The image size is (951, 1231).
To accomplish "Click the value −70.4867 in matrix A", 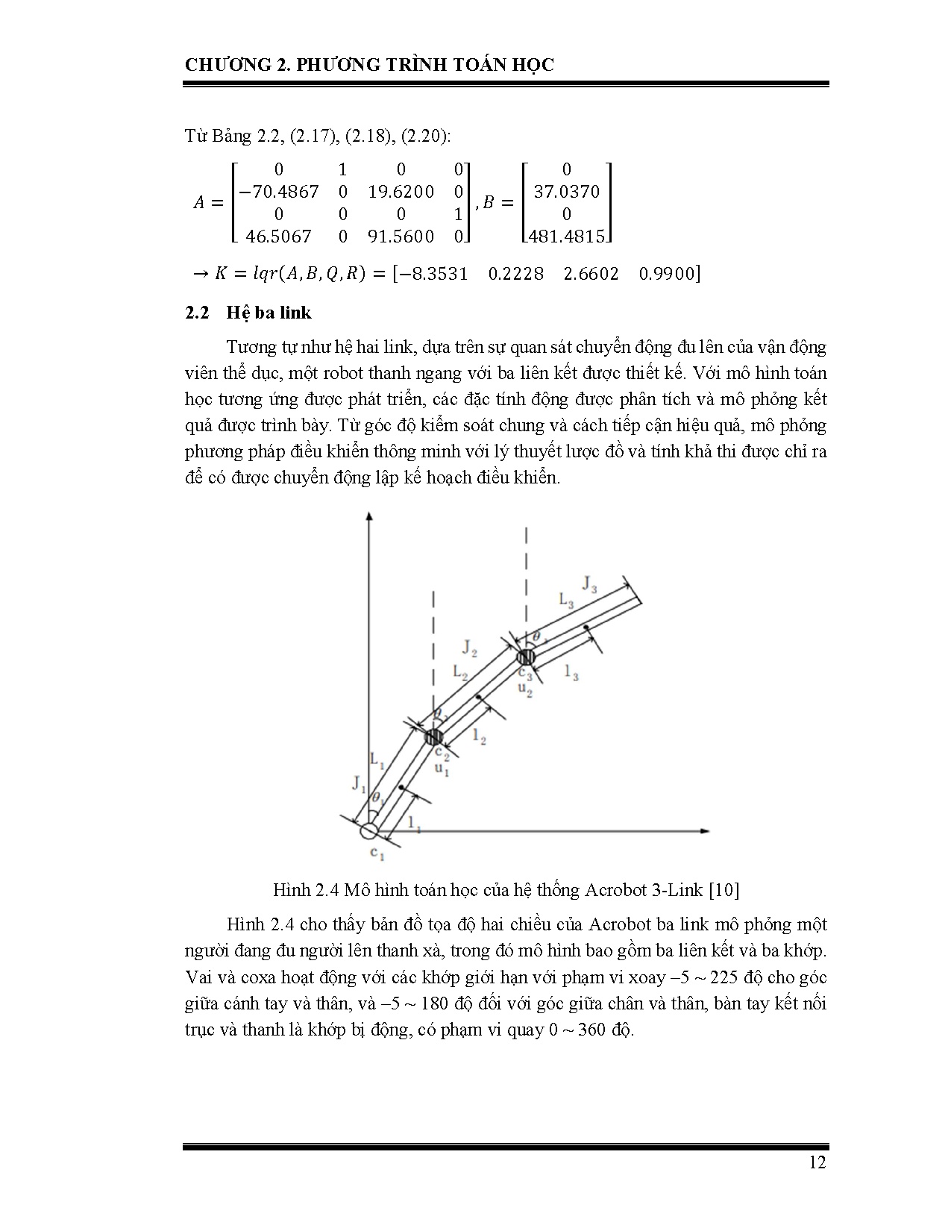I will pos(277,192).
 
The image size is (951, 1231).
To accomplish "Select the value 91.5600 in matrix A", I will pos(401,237).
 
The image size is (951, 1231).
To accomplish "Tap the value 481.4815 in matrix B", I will pos(566,237).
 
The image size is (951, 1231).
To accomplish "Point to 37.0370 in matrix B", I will pos(566,192).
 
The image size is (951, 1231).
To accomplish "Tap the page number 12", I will pos(817,1162).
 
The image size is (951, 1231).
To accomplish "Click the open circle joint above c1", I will pos(369,830).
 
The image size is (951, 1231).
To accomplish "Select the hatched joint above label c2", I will pos(433,737).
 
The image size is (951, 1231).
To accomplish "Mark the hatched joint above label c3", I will pos(527,657).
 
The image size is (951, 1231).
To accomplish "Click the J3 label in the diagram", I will pos(589,583).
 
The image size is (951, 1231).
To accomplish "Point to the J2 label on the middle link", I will pos(469,647).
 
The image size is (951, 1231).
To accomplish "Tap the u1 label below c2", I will pos(442,769).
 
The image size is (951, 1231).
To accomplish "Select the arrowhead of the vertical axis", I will pos(369,515).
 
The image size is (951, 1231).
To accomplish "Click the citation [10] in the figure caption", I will pos(723,889).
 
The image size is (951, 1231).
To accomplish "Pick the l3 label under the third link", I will pos(571,673).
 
